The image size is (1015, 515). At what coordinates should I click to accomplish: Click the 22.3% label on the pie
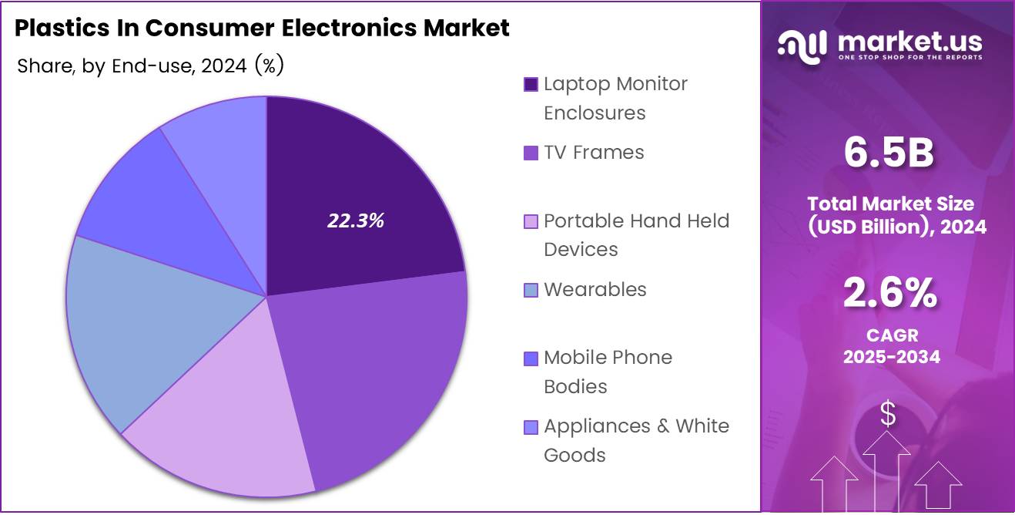[x=355, y=221]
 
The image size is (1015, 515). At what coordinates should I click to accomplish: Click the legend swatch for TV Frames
[x=531, y=153]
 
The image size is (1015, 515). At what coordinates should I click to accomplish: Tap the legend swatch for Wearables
[x=531, y=290]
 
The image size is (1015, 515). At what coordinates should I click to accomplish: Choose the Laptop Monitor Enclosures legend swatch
[x=531, y=84]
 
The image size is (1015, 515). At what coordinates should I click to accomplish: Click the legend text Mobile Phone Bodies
[x=607, y=372]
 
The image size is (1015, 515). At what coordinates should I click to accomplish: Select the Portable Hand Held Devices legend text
[x=635, y=234]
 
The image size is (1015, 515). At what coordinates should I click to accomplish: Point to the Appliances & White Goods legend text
[x=635, y=440]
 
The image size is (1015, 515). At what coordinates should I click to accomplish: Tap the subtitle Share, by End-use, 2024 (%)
[x=150, y=66]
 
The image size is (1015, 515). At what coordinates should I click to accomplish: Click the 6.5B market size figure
[x=888, y=153]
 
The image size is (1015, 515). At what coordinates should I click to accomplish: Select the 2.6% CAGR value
[x=889, y=294]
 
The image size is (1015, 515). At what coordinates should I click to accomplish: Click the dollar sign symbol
[x=888, y=415]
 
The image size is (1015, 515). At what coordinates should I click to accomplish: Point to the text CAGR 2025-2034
[x=891, y=346]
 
